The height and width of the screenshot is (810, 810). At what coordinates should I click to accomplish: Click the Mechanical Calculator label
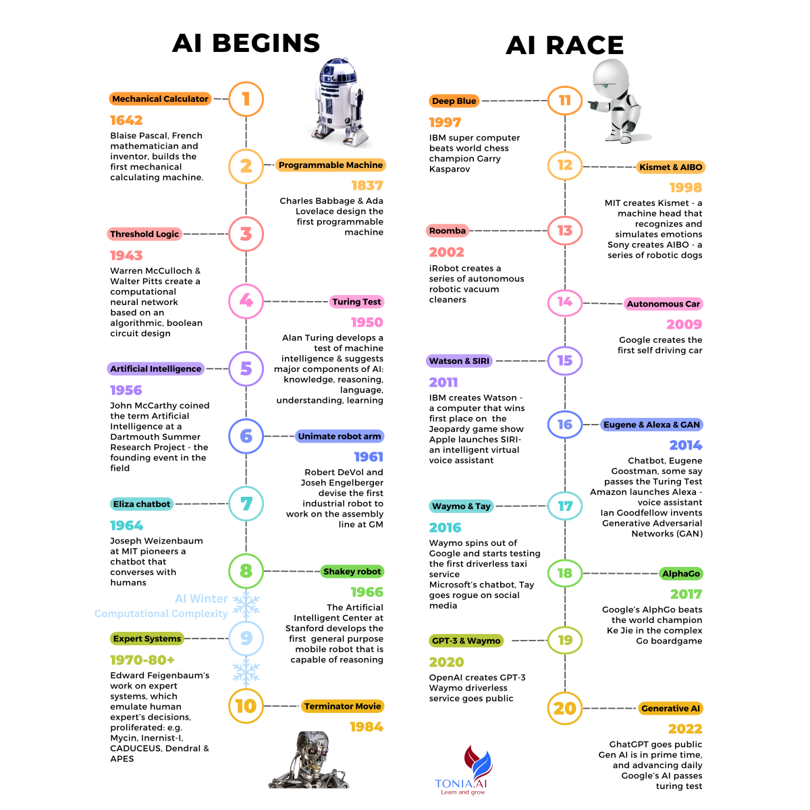[x=160, y=99]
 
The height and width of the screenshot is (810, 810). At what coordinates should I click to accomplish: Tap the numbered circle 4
[x=246, y=301]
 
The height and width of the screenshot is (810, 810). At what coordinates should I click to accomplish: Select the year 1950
[x=367, y=323]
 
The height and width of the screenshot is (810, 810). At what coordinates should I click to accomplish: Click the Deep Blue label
[x=454, y=101]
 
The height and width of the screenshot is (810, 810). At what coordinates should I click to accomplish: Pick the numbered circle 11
[x=564, y=101]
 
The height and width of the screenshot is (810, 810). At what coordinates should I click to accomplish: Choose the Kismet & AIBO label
[x=670, y=167]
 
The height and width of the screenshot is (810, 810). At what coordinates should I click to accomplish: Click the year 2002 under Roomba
[x=447, y=252]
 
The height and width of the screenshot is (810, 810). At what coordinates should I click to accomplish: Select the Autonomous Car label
[x=663, y=304]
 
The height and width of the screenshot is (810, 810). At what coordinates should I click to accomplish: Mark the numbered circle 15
[x=564, y=360]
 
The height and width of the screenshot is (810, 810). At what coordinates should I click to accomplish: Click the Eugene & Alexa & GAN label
[x=651, y=425]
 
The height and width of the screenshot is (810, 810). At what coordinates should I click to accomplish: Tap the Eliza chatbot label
[x=142, y=504]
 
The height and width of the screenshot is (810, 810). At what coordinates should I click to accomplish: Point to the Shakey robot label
[x=352, y=572]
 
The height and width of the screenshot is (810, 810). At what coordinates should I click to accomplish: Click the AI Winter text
[x=201, y=599]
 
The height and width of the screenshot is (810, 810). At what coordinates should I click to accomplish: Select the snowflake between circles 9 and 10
[x=246, y=672]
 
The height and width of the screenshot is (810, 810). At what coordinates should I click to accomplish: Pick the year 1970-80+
[x=142, y=660]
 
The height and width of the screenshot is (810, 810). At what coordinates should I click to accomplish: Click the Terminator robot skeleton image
[x=308, y=761]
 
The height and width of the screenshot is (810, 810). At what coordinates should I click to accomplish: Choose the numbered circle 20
[x=564, y=708]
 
